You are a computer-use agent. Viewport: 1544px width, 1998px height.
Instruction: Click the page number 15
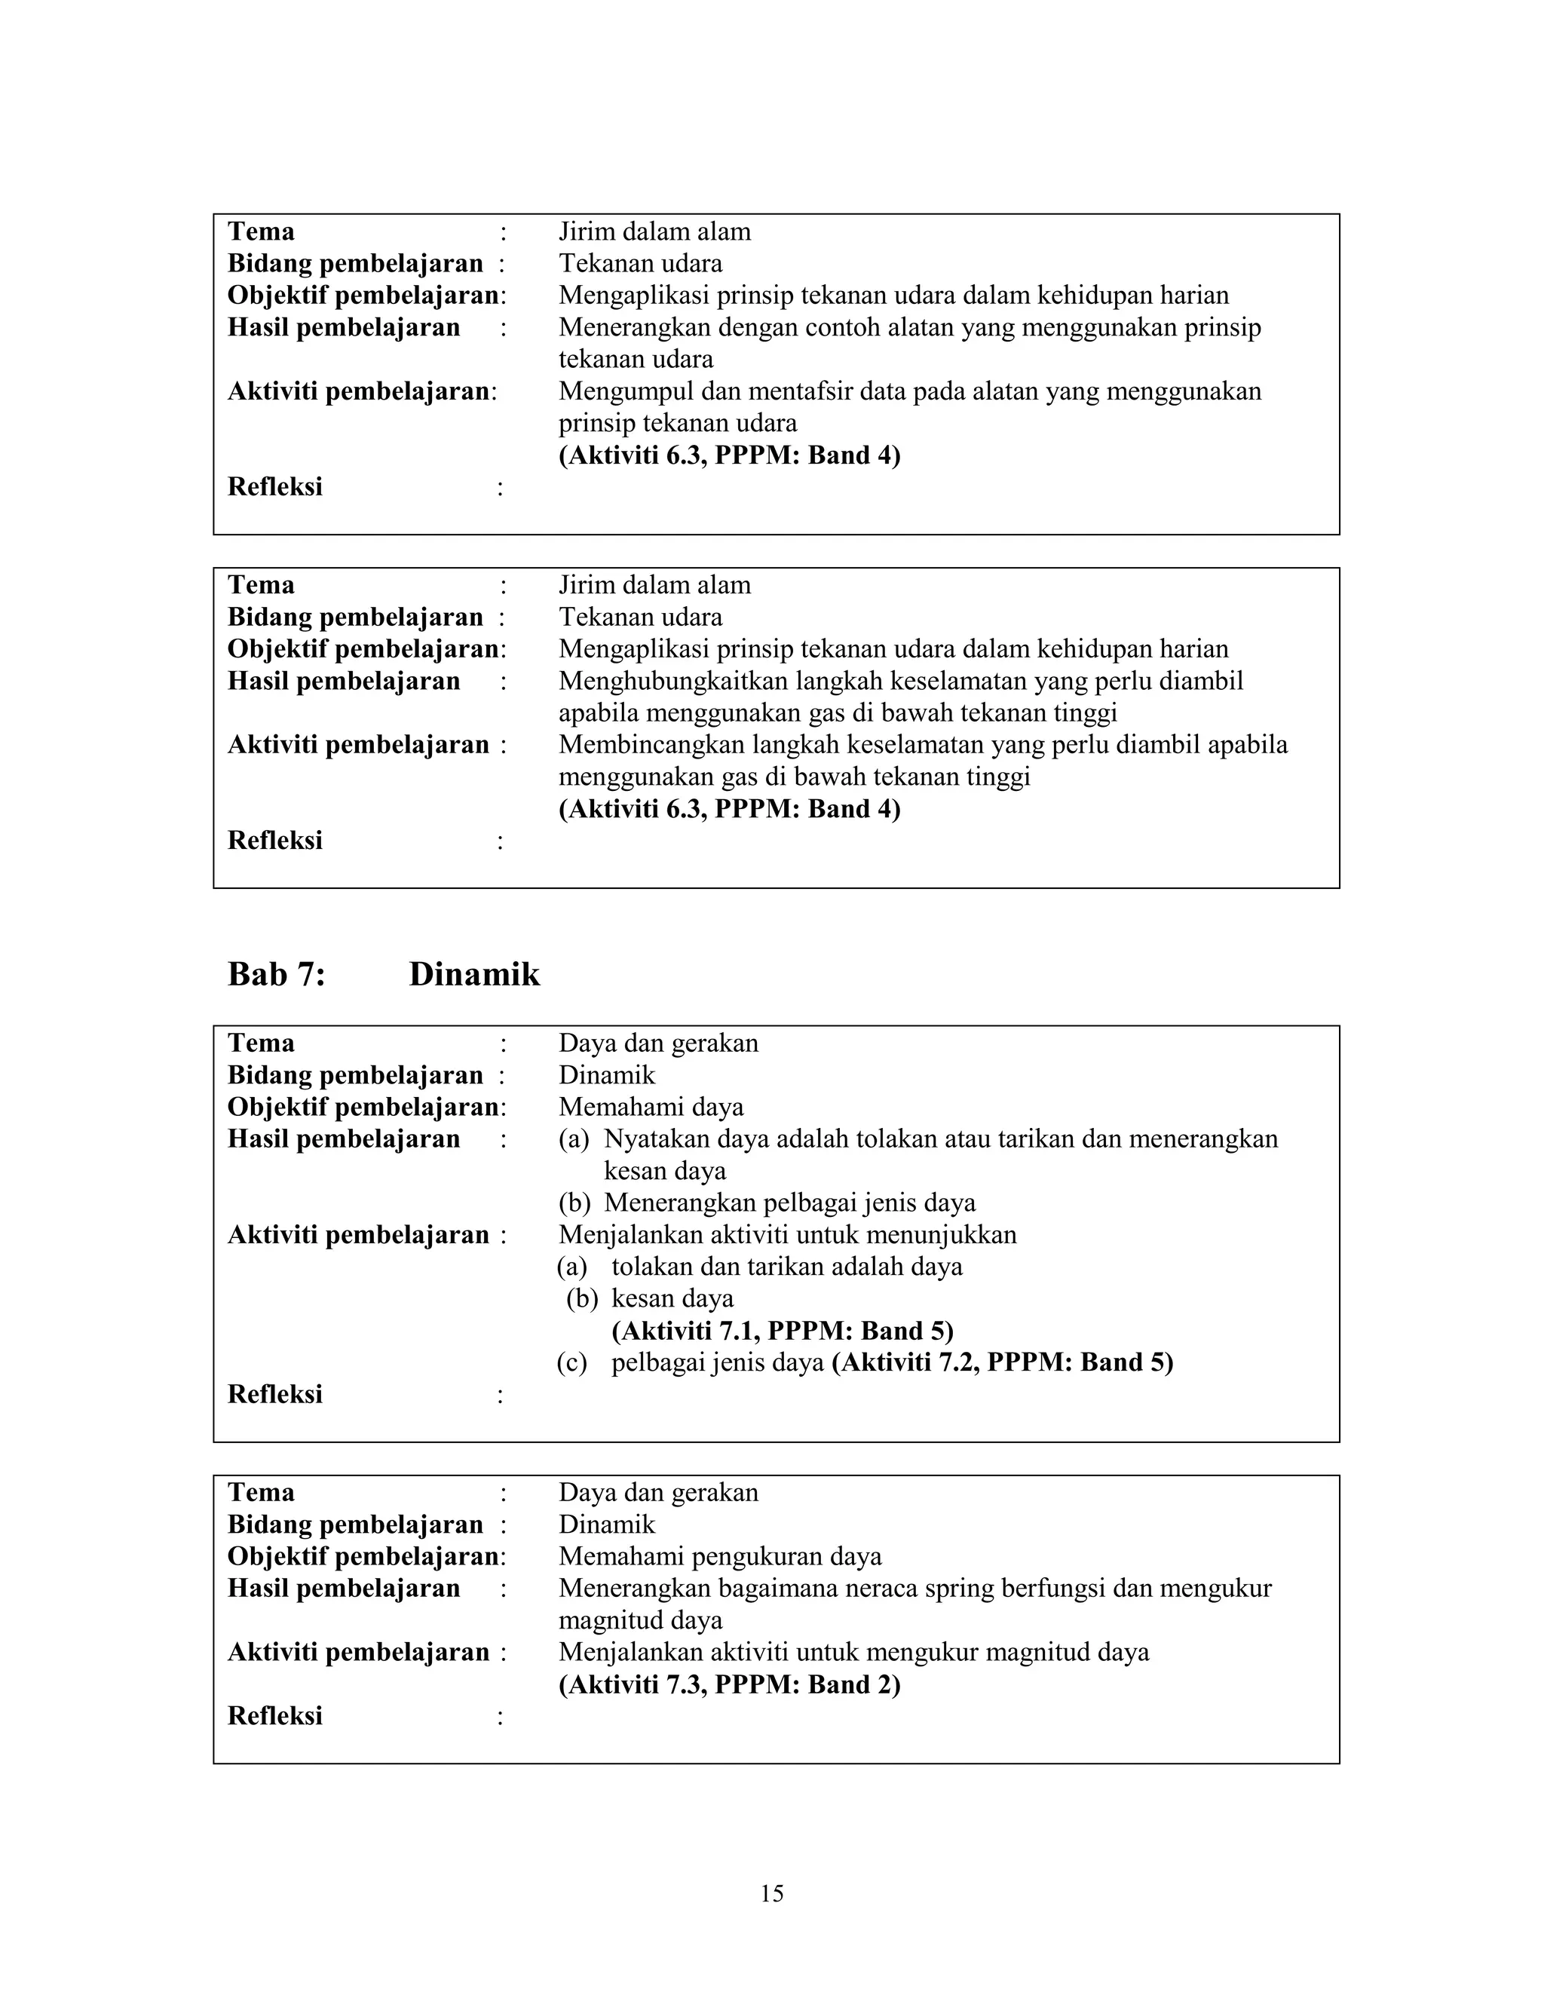pyautogui.click(x=771, y=1892)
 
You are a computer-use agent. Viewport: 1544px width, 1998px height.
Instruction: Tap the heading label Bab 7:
pyautogui.click(x=276, y=974)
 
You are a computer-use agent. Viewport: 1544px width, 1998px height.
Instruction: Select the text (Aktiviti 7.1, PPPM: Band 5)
pyautogui.click(x=782, y=1330)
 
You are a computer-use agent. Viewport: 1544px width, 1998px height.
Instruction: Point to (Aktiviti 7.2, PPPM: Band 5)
pyautogui.click(x=1002, y=1362)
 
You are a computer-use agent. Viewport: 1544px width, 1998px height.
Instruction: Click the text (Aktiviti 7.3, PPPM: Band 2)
pyautogui.click(x=729, y=1684)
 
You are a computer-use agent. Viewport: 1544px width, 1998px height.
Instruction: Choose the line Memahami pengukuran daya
pyautogui.click(x=720, y=1556)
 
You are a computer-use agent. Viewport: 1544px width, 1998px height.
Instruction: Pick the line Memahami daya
pyautogui.click(x=651, y=1107)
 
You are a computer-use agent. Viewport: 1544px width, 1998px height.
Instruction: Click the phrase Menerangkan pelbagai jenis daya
pyautogui.click(x=789, y=1203)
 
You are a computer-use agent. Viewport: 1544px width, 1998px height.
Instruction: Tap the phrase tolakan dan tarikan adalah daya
pyautogui.click(x=786, y=1267)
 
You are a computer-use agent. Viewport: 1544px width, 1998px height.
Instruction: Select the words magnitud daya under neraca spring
pyautogui.click(x=640, y=1620)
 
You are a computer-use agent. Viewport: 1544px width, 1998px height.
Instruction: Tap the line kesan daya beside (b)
pyautogui.click(x=672, y=1299)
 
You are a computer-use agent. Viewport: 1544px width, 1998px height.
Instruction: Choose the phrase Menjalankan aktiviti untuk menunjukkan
pyautogui.click(x=788, y=1235)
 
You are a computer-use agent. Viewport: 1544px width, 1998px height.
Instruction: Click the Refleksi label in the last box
pyautogui.click(x=275, y=1716)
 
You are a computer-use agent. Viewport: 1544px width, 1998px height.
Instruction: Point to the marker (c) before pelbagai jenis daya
pyautogui.click(x=571, y=1363)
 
